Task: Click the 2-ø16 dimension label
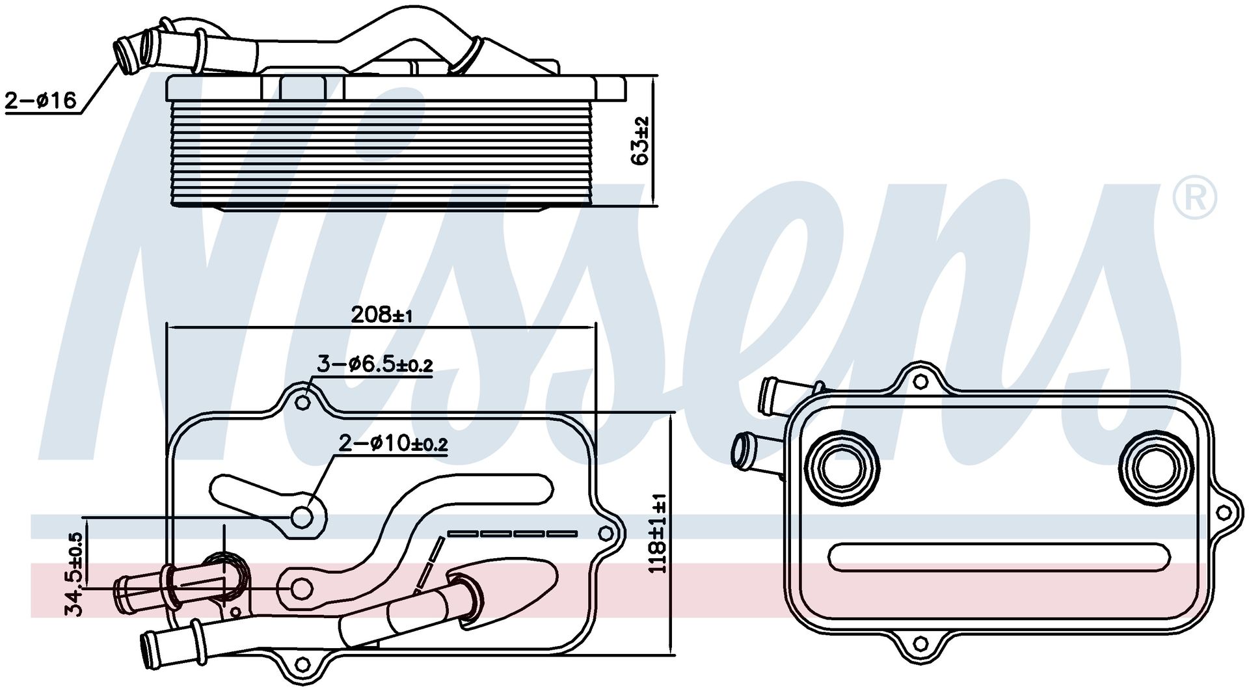coord(41,101)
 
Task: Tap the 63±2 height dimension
coord(640,140)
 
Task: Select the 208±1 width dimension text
coord(382,315)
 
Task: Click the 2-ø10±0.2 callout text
coord(393,444)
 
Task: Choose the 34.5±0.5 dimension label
coord(75,575)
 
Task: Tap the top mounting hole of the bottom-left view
coord(302,403)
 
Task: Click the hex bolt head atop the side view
coord(304,87)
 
